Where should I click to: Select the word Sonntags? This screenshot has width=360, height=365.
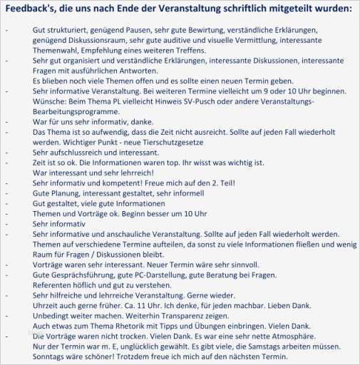coord(52,356)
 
